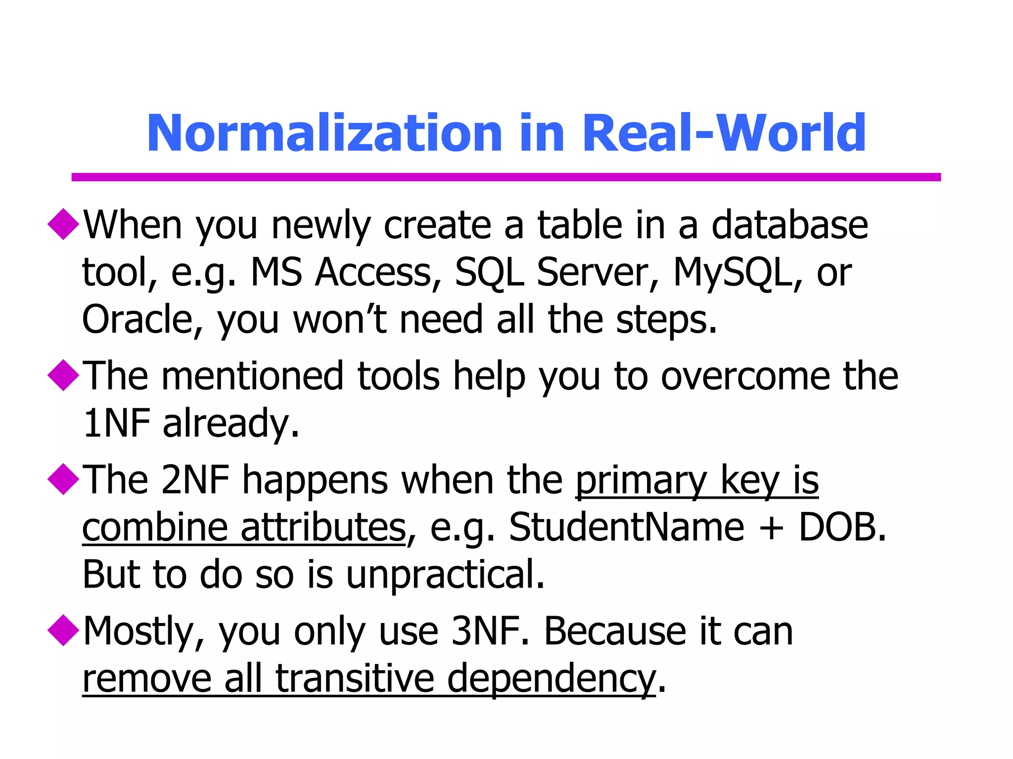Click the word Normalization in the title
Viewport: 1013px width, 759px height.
click(x=324, y=133)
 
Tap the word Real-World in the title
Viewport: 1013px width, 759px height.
click(x=724, y=133)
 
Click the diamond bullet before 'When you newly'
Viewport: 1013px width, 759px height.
click(x=63, y=224)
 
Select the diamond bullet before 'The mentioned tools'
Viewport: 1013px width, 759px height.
click(x=63, y=376)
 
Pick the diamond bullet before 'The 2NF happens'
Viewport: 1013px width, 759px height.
click(x=63, y=479)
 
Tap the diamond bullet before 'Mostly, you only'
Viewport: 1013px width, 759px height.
click(x=63, y=630)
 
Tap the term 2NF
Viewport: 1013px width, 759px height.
click(x=195, y=480)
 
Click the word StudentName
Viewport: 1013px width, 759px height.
click(x=626, y=527)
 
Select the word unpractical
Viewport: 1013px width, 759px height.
click(x=445, y=575)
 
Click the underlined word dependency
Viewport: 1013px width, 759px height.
click(x=551, y=679)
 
